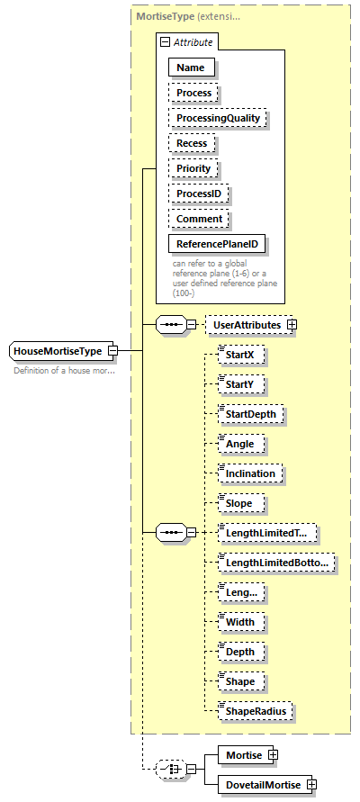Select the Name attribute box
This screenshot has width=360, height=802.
tap(190, 68)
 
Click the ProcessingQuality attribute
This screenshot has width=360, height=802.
tap(219, 118)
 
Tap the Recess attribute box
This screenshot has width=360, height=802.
tap(192, 143)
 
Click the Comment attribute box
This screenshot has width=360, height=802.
tap(199, 219)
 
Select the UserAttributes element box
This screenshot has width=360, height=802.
tap(245, 323)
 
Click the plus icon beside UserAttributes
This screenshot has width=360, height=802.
tap(292, 323)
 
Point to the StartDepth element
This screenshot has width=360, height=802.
tap(251, 414)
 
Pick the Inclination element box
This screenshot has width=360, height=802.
tap(249, 473)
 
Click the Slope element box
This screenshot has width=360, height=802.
tap(238, 503)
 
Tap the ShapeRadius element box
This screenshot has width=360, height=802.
tap(255, 711)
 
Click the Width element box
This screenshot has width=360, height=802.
tap(239, 622)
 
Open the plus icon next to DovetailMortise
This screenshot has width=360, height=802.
tap(312, 784)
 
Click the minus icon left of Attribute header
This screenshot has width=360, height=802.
tap(164, 42)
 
